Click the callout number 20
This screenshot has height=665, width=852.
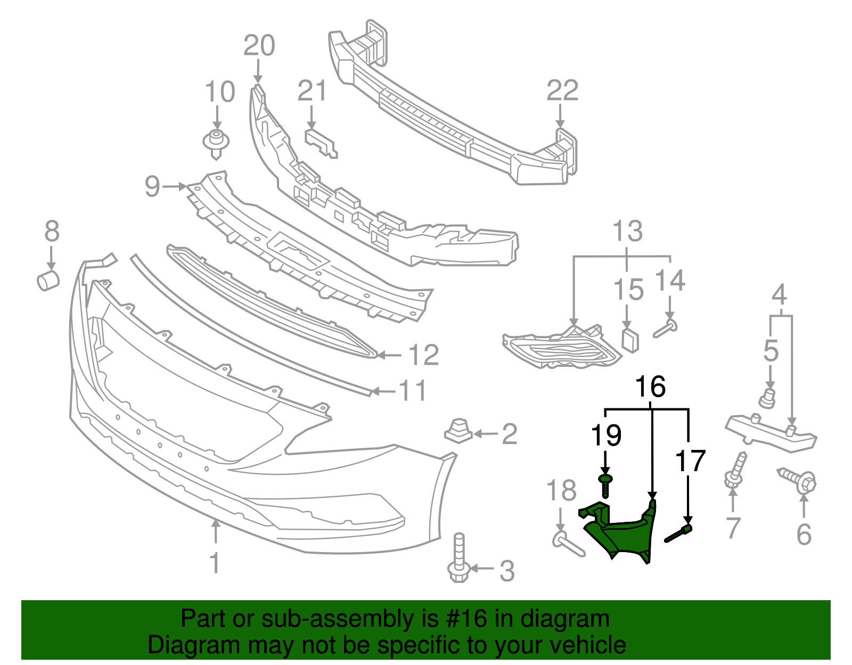point(259,46)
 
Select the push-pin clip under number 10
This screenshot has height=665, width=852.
point(216,143)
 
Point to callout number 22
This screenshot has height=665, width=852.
point(562,91)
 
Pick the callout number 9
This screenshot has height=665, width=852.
point(152,187)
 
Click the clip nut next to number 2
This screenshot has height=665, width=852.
point(458,430)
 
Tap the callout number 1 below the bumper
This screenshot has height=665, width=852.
point(215,563)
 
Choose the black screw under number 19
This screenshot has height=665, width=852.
point(605,485)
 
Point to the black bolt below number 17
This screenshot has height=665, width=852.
point(678,534)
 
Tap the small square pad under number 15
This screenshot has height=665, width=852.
point(630,340)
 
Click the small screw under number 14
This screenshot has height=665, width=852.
point(665,328)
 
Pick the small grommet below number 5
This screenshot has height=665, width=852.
point(767,398)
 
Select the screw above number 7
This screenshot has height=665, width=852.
point(735,471)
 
